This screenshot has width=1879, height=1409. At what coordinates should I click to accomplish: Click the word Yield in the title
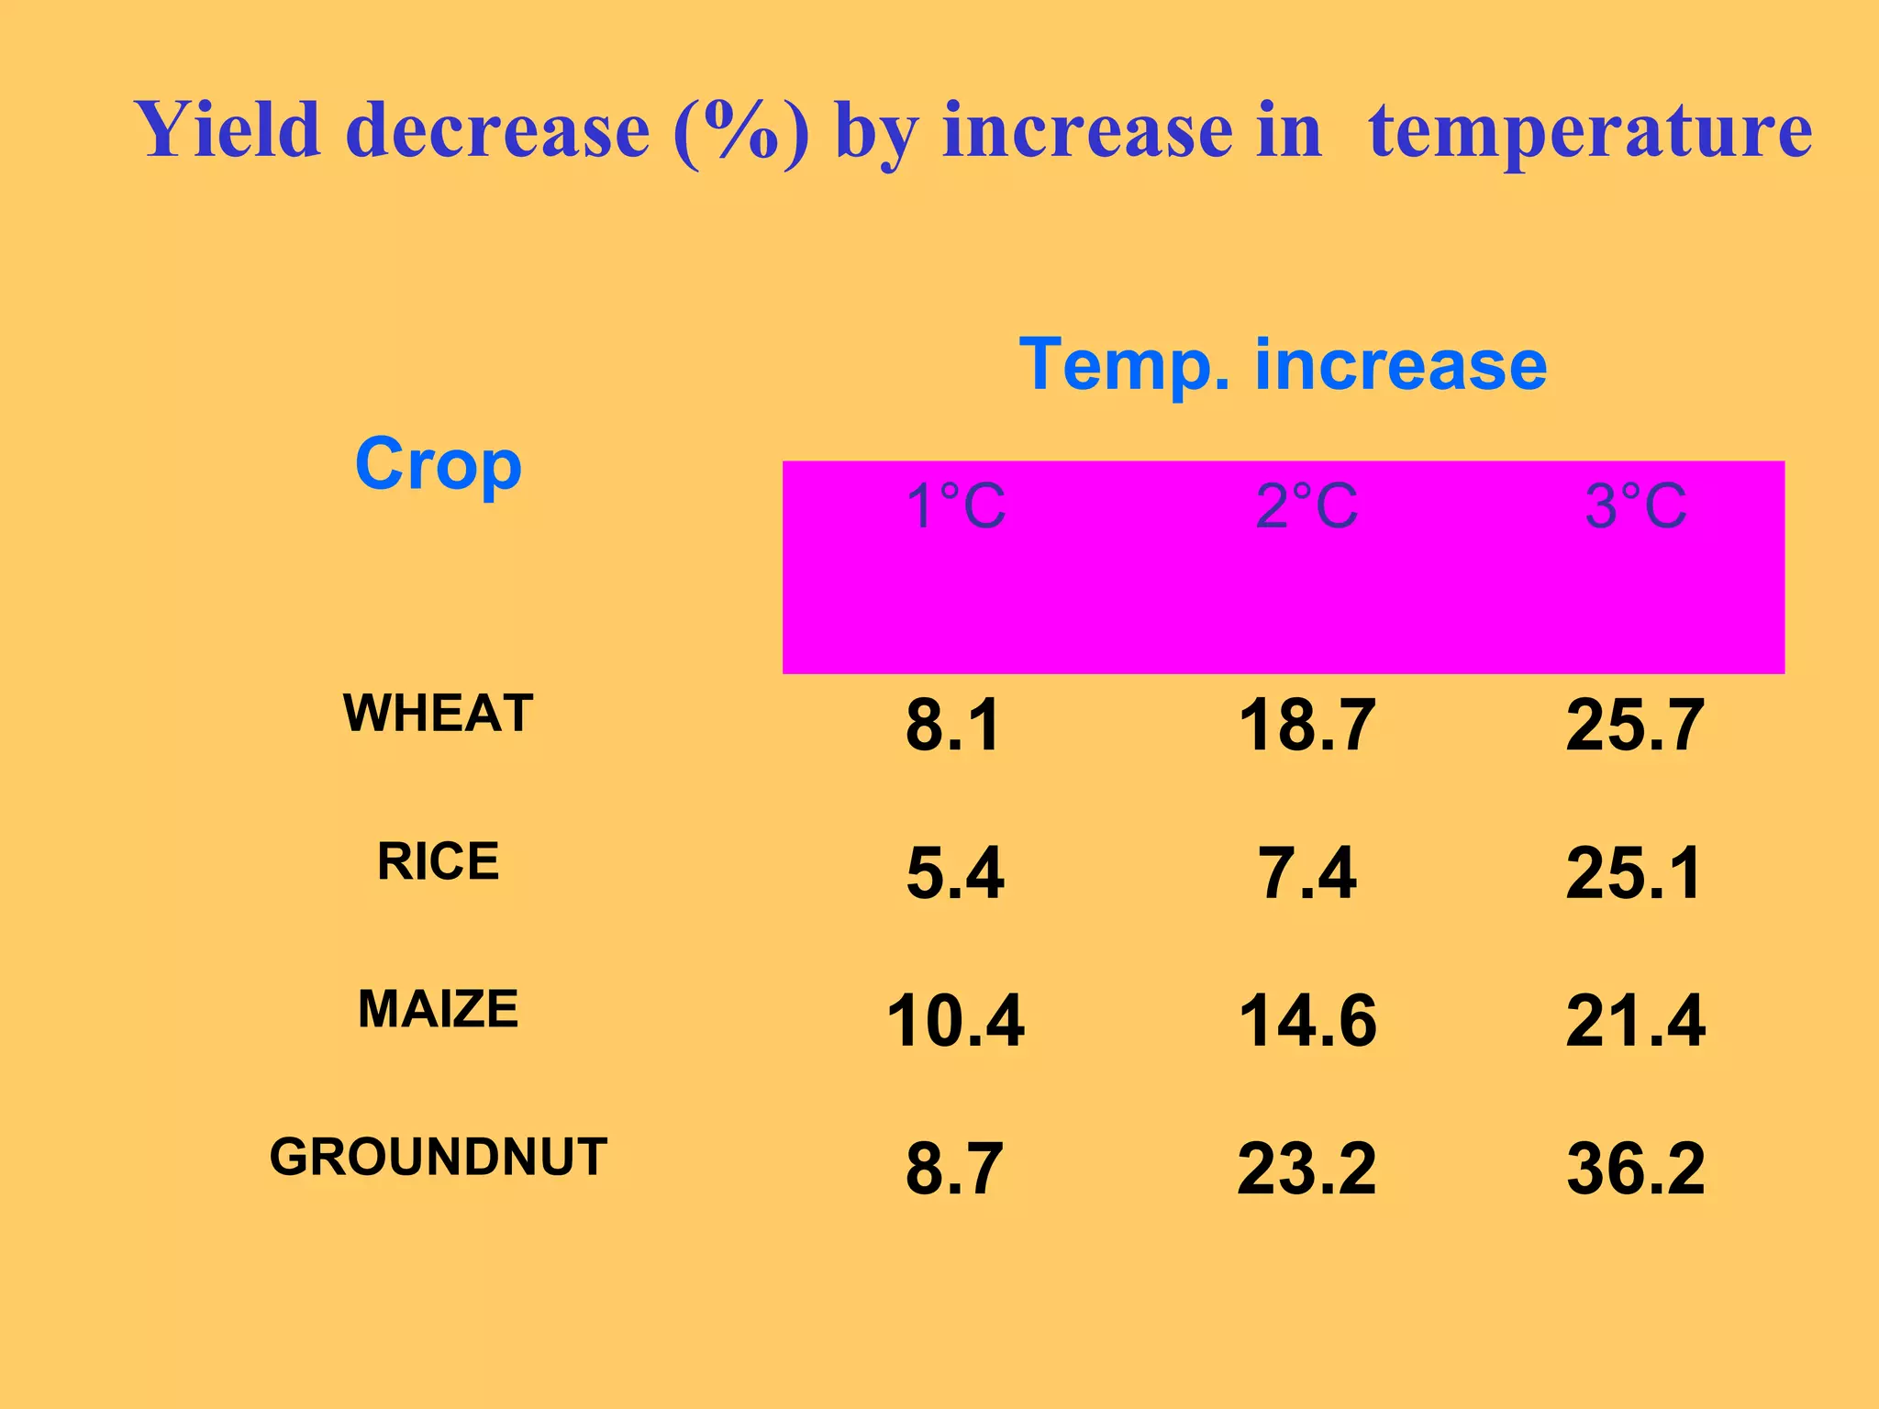228,130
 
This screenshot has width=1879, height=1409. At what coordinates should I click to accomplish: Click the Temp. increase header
1283,365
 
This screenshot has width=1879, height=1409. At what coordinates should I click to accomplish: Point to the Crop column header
439,464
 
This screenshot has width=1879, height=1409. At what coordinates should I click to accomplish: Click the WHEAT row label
439,713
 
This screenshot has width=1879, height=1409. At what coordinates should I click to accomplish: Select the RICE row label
439,861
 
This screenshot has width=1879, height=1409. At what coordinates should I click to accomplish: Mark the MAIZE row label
439,1009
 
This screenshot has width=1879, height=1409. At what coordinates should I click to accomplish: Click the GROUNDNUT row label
439,1157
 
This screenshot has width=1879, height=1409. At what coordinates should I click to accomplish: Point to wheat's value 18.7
1306,726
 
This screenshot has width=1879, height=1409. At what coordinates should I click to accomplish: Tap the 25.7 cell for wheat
1635,726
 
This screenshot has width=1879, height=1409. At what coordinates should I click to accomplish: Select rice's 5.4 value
955,873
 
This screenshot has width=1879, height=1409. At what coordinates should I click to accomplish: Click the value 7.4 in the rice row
1306,873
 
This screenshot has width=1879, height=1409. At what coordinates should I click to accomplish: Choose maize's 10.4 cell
955,1021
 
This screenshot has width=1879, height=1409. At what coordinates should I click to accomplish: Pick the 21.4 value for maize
1635,1021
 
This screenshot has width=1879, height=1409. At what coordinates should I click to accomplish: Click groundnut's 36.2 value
1635,1169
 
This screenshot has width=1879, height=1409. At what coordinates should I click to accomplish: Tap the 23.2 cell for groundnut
1306,1169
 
